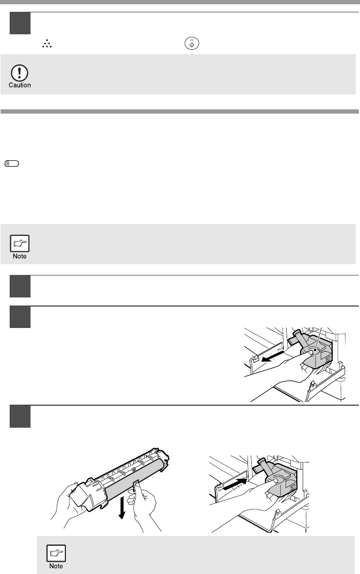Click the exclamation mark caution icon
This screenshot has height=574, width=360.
pos(19,73)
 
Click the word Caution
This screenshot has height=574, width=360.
pos(20,85)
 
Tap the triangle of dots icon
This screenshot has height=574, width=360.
pos(47,44)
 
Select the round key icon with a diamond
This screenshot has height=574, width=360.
pos(192,43)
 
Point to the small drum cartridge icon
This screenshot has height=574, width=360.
pos(12,163)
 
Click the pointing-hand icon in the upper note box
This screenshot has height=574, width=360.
pos(20,243)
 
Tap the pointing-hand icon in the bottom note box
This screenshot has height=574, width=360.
pos(56,553)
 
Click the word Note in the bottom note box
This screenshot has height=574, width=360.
pos(56,566)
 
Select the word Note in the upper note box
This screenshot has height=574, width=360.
pos(20,256)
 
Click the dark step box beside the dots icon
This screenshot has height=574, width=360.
pos(20,24)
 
